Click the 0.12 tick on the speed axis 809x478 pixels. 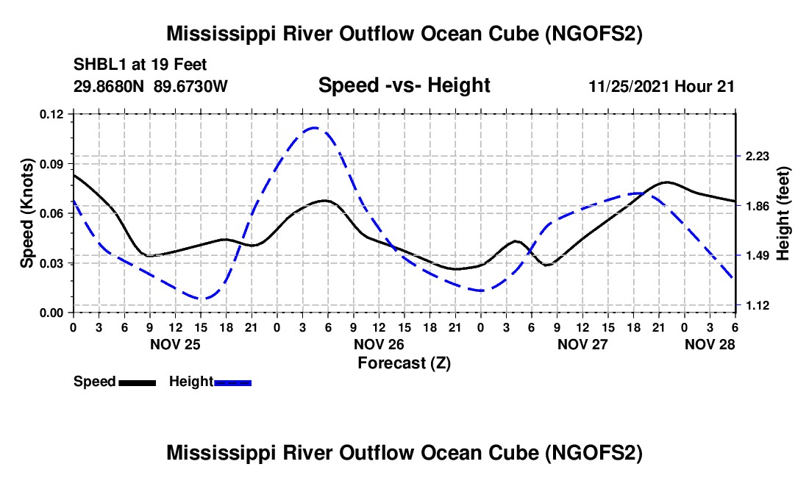tap(51, 114)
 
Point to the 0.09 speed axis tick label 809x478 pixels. tap(51, 163)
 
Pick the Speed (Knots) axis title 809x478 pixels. tap(27, 213)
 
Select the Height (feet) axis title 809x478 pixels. tap(783, 213)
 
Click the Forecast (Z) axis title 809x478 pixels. tap(404, 363)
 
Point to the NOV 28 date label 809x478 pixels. tap(710, 344)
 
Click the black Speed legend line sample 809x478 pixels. tap(136, 382)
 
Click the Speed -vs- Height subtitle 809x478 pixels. tap(404, 86)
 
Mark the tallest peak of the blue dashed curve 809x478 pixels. tap(315, 127)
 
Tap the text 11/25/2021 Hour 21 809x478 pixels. tap(661, 87)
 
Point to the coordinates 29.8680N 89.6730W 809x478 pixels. tap(151, 87)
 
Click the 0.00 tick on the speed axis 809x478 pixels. tap(51, 313)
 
